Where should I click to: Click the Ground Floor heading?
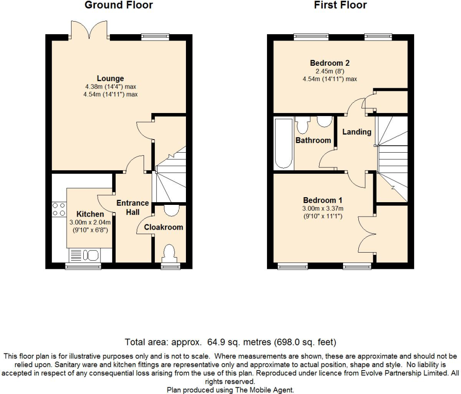coord(119,5)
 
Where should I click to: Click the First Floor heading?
coord(340,5)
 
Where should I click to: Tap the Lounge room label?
coord(111,78)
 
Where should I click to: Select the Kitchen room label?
coord(90,214)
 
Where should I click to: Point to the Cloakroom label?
coord(163,227)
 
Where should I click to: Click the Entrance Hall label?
coord(133,207)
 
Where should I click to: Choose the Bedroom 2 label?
coord(330,63)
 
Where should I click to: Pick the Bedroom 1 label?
coord(323,200)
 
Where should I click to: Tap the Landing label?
coord(357,132)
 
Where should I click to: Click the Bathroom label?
coord(313,140)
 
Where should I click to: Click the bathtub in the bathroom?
coord(284,143)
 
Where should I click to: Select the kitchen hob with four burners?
coord(59,209)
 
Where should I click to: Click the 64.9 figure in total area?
coord(216,342)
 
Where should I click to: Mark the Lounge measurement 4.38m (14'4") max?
coord(111,87)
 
